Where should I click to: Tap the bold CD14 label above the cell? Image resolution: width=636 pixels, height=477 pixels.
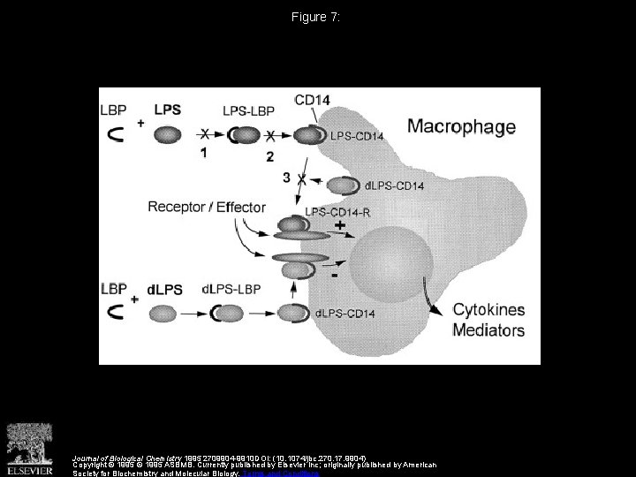pos(312,100)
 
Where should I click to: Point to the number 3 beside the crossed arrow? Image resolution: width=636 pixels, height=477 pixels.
pos(287,178)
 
